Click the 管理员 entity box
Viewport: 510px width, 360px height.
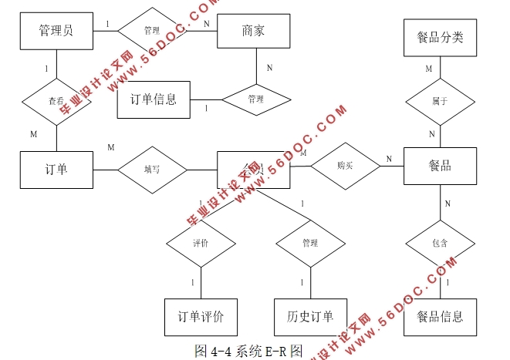pos(56,31)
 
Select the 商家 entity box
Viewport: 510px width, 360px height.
pos(254,31)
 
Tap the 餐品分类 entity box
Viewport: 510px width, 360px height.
pos(440,37)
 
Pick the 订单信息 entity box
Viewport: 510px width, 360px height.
pos(154,99)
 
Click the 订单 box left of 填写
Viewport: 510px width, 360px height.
pos(56,168)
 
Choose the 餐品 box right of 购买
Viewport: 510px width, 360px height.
pos(440,166)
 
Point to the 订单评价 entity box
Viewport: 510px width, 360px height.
pos(201,317)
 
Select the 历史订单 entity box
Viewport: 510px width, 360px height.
pos(309,317)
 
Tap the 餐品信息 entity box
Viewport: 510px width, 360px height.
pos(440,317)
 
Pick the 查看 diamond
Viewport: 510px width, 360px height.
pos(56,100)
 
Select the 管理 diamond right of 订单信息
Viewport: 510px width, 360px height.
pos(255,99)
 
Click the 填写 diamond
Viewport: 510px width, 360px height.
pos(152,168)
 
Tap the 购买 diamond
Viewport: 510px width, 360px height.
pos(345,166)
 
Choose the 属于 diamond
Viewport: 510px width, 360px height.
pos(440,101)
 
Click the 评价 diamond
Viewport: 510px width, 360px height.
pos(201,244)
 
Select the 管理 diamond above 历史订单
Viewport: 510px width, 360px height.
pos(309,244)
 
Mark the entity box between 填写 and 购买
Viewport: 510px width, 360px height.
pos(254,169)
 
